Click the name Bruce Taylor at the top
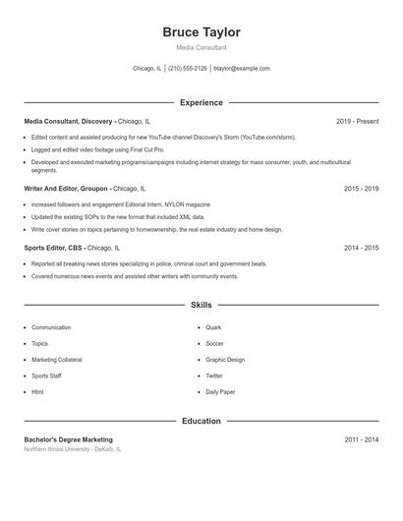point(201,32)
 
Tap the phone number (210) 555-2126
point(187,69)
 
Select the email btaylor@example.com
point(241,69)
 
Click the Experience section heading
point(201,102)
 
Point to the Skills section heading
point(201,306)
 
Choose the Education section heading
point(201,421)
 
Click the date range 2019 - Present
point(357,121)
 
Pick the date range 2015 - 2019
point(361,188)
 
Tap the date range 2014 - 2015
point(361,249)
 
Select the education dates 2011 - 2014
point(361,439)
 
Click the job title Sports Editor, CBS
point(54,249)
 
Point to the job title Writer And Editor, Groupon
point(66,188)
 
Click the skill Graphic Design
point(225,360)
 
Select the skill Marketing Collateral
point(58,360)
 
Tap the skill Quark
point(213,327)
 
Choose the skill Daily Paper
point(220,392)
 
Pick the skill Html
point(37,392)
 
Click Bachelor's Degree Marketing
point(68,439)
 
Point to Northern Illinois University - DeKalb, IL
point(73,449)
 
